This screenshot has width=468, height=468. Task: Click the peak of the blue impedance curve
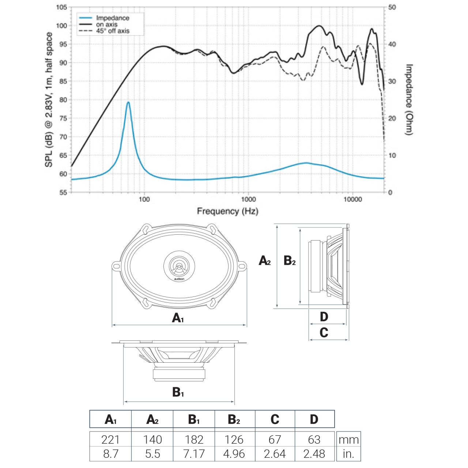(x=128, y=102)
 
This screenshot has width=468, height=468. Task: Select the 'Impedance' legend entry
(x=112, y=18)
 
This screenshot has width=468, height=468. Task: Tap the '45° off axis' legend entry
(x=112, y=31)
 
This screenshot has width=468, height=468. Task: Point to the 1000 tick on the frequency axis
(x=248, y=199)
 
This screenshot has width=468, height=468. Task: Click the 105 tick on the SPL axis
(x=62, y=7)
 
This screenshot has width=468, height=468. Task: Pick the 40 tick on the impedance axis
(x=392, y=44)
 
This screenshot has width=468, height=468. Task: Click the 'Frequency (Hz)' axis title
(x=227, y=211)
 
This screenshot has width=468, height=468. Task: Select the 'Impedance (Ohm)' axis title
(x=409, y=99)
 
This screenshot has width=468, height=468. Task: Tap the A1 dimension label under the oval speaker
(x=178, y=318)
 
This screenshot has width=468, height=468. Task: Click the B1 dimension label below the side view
(x=178, y=392)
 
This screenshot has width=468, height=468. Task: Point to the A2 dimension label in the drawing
(x=265, y=261)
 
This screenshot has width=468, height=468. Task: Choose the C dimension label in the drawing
(x=324, y=333)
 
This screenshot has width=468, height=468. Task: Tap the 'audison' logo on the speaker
(x=179, y=279)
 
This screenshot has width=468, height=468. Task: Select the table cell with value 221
(x=110, y=439)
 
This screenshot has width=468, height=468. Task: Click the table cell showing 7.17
(x=194, y=454)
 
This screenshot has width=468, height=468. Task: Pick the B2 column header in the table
(x=234, y=419)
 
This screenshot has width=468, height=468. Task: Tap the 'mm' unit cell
(x=348, y=439)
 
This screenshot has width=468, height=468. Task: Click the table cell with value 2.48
(x=314, y=454)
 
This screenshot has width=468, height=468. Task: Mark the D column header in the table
(x=314, y=419)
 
